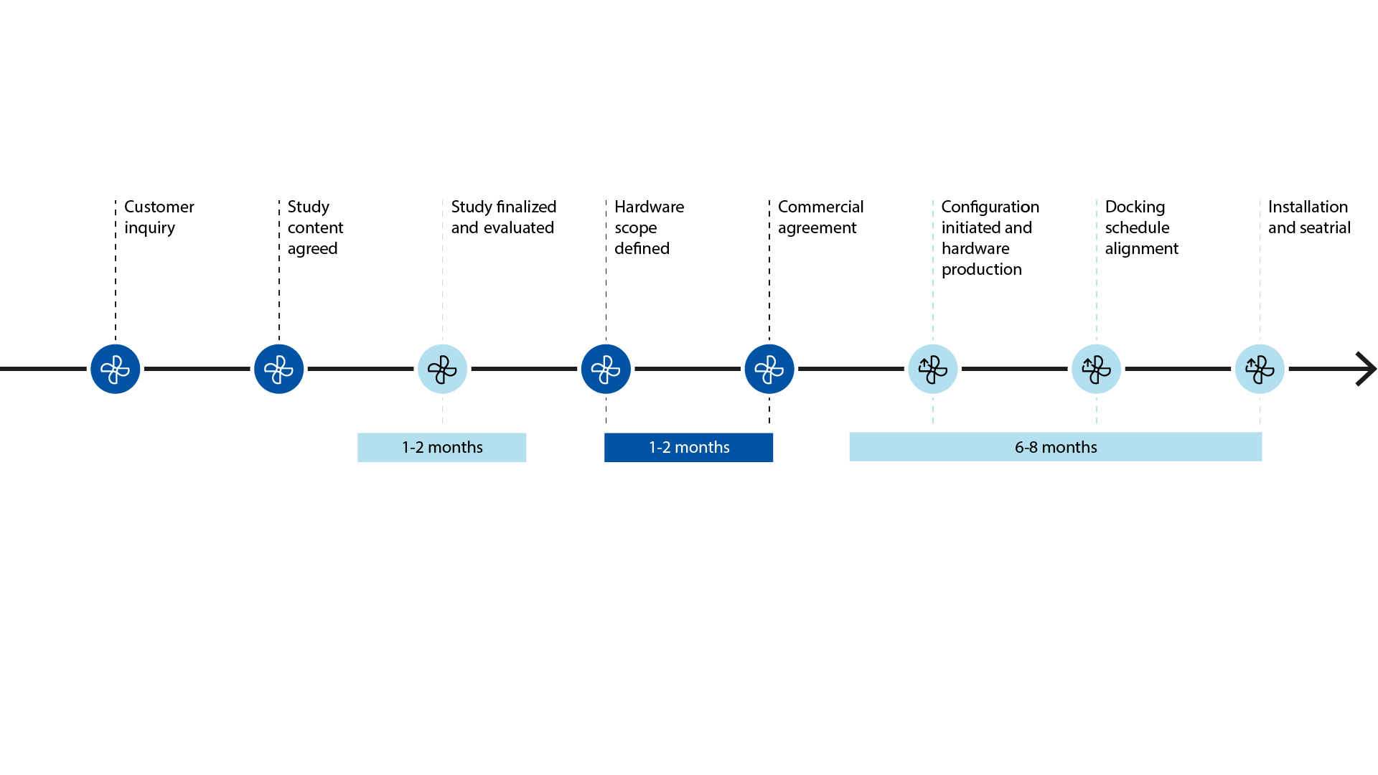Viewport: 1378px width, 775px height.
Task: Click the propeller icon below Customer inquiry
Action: click(115, 369)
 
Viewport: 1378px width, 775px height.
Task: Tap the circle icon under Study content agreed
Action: click(278, 369)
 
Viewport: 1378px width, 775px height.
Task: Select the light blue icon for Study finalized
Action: click(442, 369)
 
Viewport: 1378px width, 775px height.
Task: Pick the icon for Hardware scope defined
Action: click(606, 369)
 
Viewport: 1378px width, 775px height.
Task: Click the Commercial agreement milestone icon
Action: click(769, 369)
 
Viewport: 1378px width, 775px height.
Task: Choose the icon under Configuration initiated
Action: click(933, 369)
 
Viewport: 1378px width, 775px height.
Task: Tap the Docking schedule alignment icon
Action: click(1097, 369)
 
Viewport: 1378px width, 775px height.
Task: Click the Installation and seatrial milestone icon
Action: click(1260, 369)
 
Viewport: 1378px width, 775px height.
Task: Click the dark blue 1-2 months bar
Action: click(688, 447)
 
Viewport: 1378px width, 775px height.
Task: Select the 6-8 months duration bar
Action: click(1056, 446)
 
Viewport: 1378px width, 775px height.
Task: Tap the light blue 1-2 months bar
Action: click(441, 447)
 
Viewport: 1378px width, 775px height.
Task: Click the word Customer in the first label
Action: click(159, 207)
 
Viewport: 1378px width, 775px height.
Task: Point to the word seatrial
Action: click(1326, 227)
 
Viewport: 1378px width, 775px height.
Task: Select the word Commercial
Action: click(821, 207)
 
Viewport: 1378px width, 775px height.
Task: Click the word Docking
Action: click(1135, 207)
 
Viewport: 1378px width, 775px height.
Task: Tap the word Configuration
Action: click(990, 207)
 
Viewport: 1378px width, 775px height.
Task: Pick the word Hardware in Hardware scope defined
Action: click(650, 207)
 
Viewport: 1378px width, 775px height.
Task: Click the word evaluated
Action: click(518, 227)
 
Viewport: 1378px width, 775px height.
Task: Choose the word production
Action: click(982, 270)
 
